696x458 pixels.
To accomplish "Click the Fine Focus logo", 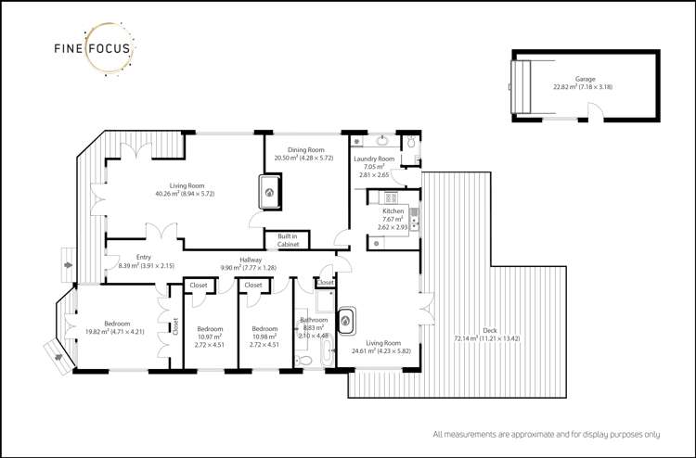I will tap(89, 50).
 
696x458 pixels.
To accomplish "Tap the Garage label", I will tap(585, 80).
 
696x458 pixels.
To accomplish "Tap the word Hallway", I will tap(251, 260).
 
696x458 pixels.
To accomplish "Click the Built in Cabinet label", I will tap(288, 240).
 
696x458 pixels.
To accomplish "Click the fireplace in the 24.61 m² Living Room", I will tap(347, 321).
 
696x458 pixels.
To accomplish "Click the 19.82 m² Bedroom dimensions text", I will tap(116, 331).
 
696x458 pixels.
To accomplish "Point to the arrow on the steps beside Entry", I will tap(67, 266).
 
